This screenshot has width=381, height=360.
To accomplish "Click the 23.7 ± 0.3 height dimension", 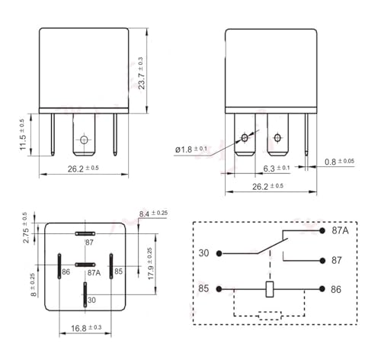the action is tap(142, 73).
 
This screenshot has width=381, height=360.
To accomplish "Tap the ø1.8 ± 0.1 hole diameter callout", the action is tap(191, 149).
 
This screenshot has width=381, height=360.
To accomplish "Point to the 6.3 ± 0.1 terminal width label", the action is tap(277, 169).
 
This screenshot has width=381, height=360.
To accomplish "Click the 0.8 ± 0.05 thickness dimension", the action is tap(339, 162).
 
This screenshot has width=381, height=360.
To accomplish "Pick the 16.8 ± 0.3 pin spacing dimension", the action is tap(86, 328).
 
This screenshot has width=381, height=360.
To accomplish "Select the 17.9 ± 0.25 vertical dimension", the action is tap(150, 264).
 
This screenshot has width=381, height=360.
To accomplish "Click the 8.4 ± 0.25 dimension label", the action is tap(153, 214).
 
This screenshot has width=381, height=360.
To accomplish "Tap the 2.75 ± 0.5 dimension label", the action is tap(26, 228).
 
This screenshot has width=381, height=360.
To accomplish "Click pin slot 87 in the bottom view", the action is tap(85, 233).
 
